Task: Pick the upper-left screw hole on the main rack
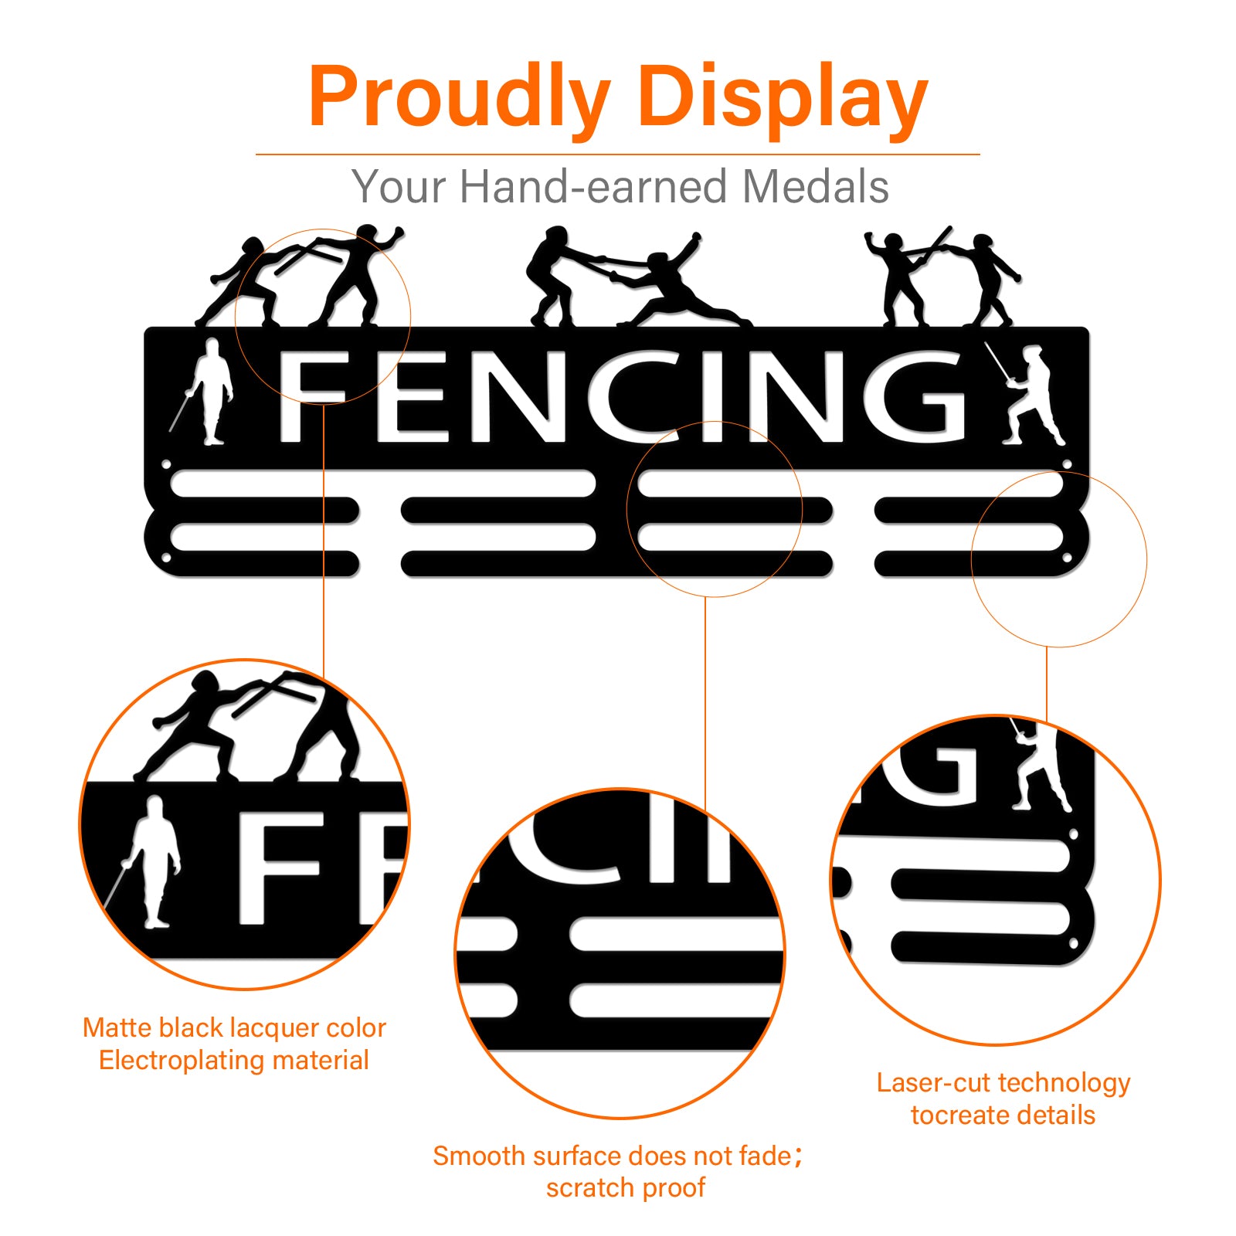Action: click(166, 465)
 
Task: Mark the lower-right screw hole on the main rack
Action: click(1067, 557)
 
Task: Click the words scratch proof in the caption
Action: click(625, 1187)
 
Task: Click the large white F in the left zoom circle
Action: click(278, 867)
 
